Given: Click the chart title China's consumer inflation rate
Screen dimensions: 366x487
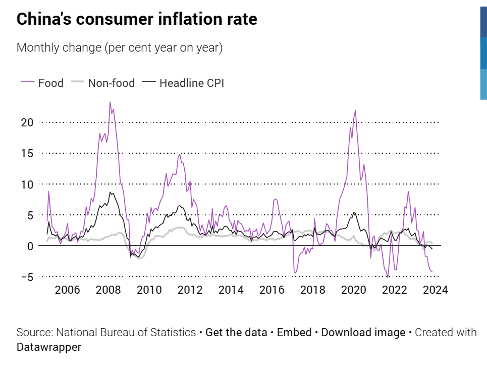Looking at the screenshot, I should tap(137, 19).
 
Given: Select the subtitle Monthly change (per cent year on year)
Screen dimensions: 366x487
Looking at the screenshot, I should tap(120, 48).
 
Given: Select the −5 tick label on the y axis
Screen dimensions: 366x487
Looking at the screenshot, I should tap(26, 277).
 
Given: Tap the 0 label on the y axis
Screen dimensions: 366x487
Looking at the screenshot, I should tap(30, 246).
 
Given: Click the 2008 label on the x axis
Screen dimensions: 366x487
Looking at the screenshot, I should tap(107, 290).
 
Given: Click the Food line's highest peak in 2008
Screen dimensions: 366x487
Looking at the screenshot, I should tap(110, 102).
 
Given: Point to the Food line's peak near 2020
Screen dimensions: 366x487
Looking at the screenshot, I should tap(355, 111).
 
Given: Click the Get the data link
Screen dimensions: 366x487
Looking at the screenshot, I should tap(236, 333).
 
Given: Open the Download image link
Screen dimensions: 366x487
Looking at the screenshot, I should tap(363, 333).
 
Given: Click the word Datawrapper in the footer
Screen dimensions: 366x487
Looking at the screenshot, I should tap(49, 348).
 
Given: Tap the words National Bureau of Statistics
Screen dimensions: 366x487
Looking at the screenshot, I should tap(126, 333).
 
